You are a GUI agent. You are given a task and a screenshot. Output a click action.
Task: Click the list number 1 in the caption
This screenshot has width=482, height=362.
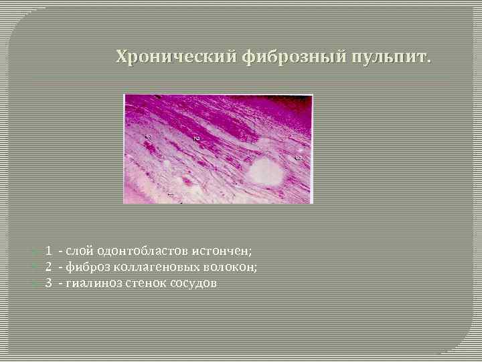(x=49, y=251)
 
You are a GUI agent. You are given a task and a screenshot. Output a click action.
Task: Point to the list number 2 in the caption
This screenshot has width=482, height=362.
(x=49, y=267)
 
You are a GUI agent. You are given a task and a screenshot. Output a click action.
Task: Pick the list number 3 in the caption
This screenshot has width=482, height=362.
(x=49, y=283)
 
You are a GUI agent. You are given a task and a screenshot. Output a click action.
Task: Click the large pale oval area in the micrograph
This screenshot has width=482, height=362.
(x=266, y=171)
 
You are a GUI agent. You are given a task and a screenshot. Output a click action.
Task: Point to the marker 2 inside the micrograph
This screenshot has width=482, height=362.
(x=196, y=137)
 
